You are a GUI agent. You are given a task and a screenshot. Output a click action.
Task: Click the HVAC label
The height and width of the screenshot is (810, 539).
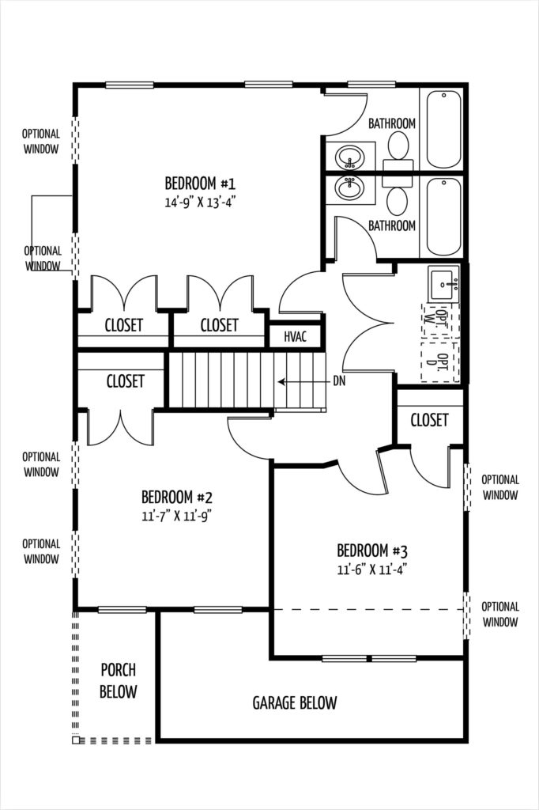tap(296, 337)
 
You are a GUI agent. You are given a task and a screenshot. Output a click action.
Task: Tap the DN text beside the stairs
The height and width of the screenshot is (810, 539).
tap(339, 381)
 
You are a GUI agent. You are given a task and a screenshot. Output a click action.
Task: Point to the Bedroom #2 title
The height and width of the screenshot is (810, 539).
tap(177, 498)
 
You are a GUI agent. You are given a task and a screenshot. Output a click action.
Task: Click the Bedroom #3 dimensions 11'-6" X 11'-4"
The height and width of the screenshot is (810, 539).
tap(372, 570)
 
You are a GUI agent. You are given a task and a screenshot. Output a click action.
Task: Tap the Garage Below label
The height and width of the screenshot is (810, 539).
tap(295, 702)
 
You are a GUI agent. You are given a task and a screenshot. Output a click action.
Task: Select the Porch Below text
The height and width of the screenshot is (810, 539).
tap(119, 681)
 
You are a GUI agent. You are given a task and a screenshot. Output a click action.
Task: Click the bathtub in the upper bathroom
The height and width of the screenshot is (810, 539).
tap(443, 129)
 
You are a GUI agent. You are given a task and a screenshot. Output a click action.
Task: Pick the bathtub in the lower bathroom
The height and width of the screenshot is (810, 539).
tap(443, 217)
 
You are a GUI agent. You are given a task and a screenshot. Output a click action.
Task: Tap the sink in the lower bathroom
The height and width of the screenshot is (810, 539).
tap(349, 187)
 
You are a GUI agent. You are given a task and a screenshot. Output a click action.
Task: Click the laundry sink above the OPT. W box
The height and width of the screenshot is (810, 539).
tap(443, 284)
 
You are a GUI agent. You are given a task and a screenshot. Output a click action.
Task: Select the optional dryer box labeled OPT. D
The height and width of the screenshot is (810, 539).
tap(440, 361)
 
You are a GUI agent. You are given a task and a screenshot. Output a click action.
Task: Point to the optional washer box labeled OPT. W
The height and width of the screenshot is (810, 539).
tap(440, 320)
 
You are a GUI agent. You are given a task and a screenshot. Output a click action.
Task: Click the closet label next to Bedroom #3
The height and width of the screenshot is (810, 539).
tap(429, 420)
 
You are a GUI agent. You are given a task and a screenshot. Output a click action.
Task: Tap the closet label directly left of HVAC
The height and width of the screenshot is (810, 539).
tap(220, 325)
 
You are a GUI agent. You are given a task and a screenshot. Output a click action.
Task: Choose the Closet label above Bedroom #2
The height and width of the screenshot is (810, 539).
tap(125, 381)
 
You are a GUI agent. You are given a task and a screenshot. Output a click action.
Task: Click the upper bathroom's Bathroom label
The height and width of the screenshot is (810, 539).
tap(392, 123)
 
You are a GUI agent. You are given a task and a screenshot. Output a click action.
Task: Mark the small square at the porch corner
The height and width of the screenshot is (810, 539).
tap(76, 740)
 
